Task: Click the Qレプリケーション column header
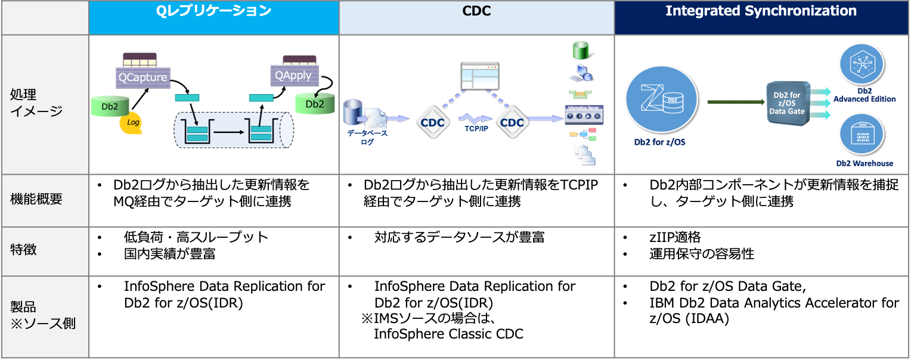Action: [x=213, y=11]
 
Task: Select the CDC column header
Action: [x=476, y=11]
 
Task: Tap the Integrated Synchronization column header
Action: [x=761, y=11]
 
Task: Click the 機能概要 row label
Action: [x=36, y=200]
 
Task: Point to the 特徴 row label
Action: [x=24, y=250]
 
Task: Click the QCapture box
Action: [x=142, y=77]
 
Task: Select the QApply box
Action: [x=293, y=76]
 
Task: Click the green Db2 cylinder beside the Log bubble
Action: [x=110, y=106]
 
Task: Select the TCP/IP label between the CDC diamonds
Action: [x=475, y=129]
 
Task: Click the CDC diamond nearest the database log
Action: [x=432, y=122]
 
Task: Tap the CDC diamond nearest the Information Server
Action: [x=512, y=122]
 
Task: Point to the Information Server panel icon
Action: [x=584, y=115]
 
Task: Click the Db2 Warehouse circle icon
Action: [x=863, y=134]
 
